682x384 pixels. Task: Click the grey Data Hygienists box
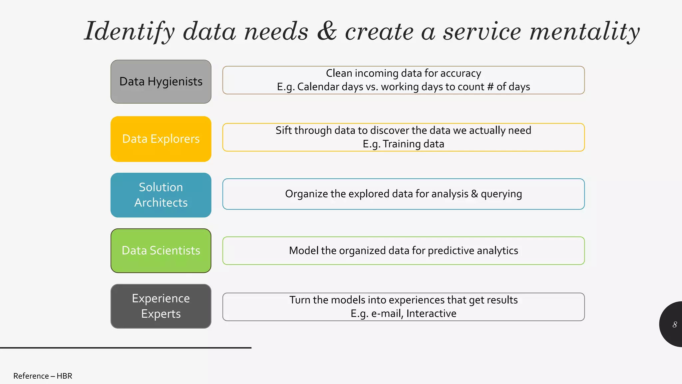[x=161, y=82]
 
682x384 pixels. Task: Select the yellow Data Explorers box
[x=161, y=139]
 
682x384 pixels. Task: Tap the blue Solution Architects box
[x=161, y=195]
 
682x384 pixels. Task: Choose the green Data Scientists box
[x=161, y=251]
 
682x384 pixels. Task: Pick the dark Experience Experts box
[x=161, y=306]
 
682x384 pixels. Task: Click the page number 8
[x=675, y=324]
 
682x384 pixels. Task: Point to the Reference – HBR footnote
[x=43, y=376]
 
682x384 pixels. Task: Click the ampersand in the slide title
[x=327, y=31]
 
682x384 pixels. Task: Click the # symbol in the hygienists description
[x=490, y=87]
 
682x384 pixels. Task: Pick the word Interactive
[x=431, y=314]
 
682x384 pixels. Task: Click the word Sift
[x=284, y=130]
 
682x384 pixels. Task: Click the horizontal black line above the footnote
[x=126, y=348]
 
